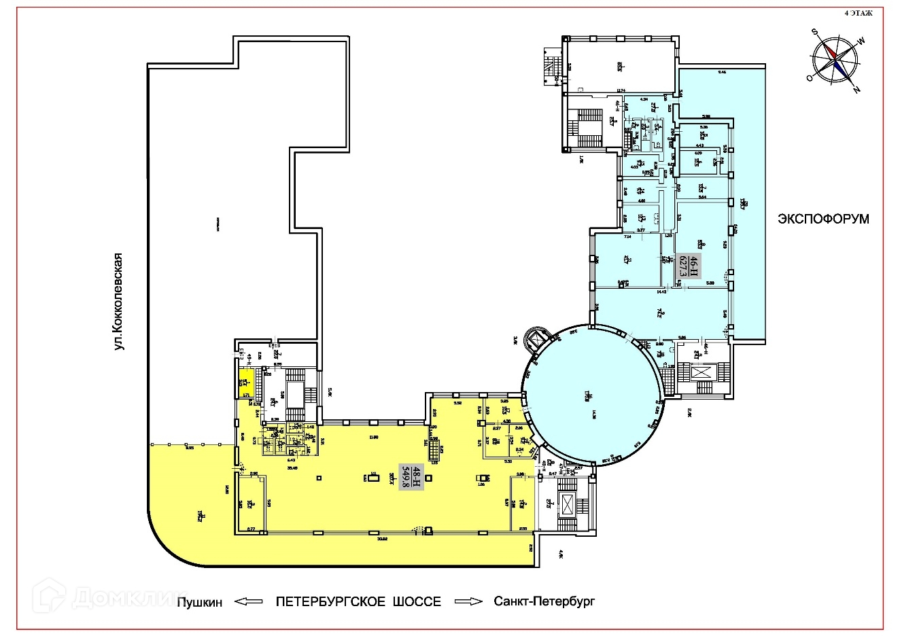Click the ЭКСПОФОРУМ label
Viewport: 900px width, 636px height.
point(824,219)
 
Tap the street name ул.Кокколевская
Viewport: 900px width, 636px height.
point(120,302)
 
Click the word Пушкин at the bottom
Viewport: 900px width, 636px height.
point(199,602)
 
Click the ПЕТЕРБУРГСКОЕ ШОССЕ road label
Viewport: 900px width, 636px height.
point(358,602)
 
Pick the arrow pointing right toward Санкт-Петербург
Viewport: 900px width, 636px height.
point(468,602)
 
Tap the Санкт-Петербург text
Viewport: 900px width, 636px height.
point(544,602)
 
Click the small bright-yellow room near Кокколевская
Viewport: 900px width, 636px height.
point(245,384)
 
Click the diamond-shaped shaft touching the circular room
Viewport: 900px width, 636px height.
point(541,338)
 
